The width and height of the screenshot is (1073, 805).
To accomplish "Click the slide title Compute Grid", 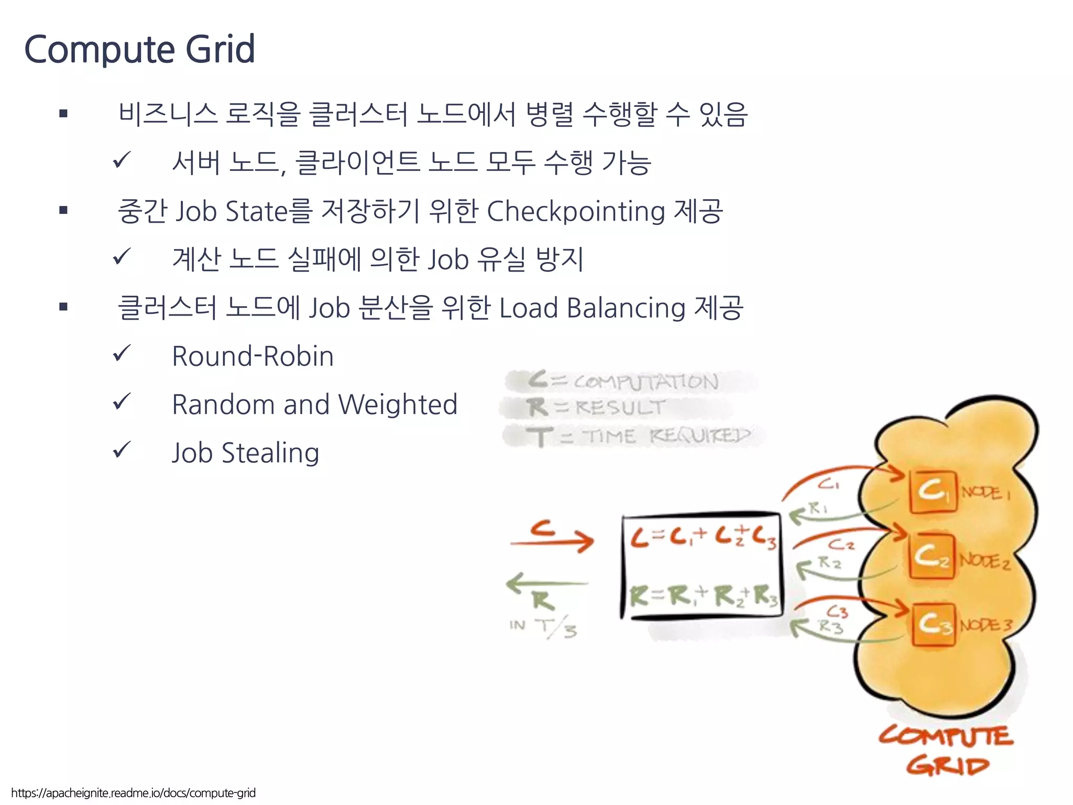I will click(x=139, y=49).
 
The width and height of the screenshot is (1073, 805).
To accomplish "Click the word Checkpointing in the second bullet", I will click(x=576, y=212).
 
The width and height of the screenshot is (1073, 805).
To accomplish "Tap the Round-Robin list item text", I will click(x=253, y=356).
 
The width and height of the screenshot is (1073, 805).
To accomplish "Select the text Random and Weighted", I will click(x=314, y=405).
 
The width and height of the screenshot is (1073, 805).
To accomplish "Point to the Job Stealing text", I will click(x=245, y=453).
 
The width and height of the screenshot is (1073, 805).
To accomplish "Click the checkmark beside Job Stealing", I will click(x=122, y=450).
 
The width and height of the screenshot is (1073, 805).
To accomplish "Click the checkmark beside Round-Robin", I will click(x=122, y=353).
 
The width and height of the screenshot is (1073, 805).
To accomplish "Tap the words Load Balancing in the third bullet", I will click(x=592, y=308).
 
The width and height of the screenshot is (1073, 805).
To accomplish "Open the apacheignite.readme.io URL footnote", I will click(x=134, y=793).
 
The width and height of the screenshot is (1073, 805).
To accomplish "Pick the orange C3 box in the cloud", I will click(x=933, y=624).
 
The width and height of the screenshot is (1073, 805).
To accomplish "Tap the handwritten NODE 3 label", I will click(x=985, y=625).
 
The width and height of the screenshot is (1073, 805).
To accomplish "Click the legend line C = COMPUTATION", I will click(x=623, y=381).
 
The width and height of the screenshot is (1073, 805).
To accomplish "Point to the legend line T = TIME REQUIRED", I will click(x=639, y=436).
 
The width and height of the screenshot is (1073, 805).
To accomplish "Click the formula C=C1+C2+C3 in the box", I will click(x=703, y=538).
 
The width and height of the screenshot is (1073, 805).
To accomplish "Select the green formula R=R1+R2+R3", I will click(x=703, y=596).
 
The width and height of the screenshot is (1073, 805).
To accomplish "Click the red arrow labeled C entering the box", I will click(x=551, y=541).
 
